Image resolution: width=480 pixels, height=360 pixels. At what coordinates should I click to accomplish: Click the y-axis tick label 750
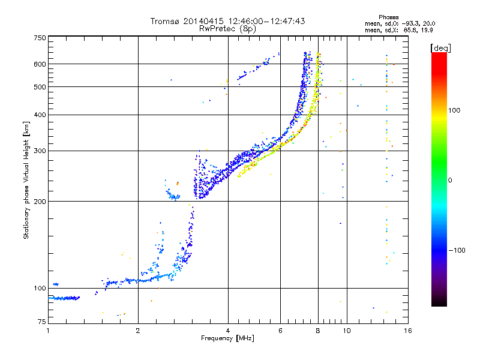(40, 37)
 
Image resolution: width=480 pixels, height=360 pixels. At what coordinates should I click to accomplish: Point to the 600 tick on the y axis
(40, 64)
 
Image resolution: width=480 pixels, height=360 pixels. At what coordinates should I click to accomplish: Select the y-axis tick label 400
(40, 115)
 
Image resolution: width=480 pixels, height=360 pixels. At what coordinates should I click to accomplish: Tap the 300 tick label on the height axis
(40, 151)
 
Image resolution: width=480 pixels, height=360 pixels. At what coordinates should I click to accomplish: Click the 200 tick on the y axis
(40, 201)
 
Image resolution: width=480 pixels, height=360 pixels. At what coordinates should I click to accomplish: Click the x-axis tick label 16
(407, 331)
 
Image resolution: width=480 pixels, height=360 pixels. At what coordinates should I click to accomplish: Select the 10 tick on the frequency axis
(346, 331)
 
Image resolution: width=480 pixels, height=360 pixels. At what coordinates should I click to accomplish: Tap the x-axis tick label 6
(280, 331)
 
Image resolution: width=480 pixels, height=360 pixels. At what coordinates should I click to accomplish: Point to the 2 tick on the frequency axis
(138, 331)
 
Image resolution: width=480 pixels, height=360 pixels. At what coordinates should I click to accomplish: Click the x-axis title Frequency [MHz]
(227, 338)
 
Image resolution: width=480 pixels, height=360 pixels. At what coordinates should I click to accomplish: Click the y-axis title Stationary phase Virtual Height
(26, 180)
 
